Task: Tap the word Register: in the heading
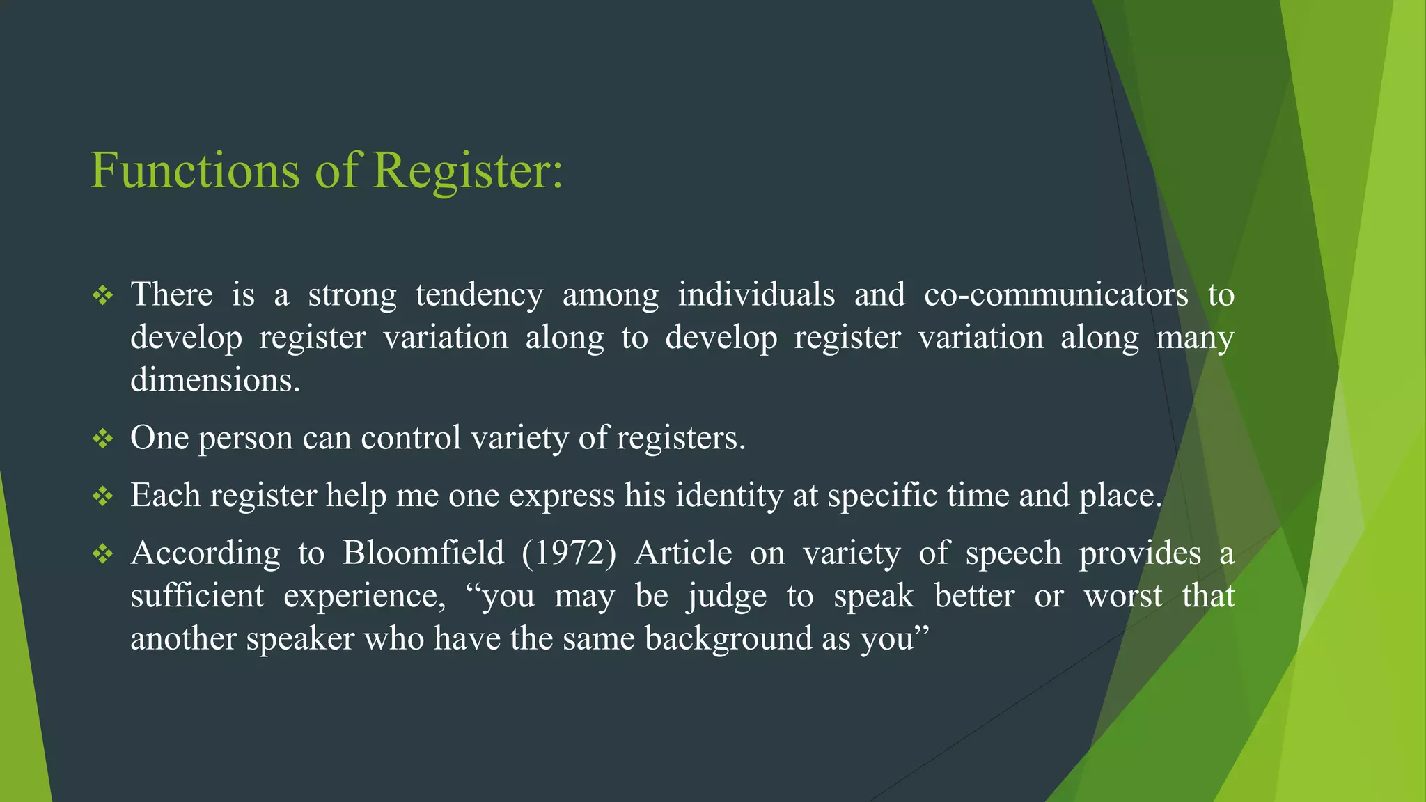tap(467, 171)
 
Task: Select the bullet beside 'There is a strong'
tap(103, 296)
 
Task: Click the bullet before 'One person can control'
tap(103, 439)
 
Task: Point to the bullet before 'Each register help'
tap(103, 496)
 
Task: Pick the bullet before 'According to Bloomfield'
tap(103, 554)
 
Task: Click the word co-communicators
tap(1056, 294)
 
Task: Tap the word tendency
tap(479, 296)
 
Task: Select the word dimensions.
tap(215, 380)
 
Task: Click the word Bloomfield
tap(423, 553)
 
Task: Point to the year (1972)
tap(569, 553)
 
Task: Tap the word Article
tap(683, 553)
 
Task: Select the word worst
tap(1122, 597)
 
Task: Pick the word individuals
tap(756, 294)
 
